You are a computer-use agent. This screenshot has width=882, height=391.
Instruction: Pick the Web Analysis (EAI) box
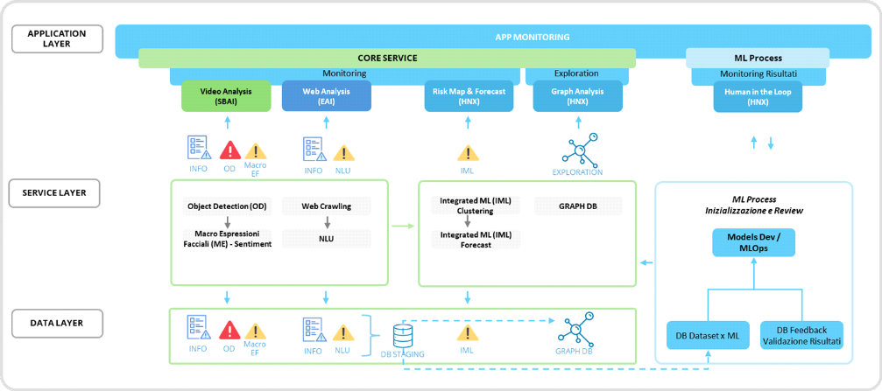[x=326, y=96]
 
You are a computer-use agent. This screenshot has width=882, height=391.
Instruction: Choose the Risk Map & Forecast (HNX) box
[x=469, y=96]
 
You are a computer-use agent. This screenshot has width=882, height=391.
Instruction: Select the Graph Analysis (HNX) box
[x=577, y=96]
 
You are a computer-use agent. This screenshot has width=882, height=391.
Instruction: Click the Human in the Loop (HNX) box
[x=758, y=96]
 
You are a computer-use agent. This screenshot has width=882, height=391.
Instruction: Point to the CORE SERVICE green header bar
[x=387, y=58]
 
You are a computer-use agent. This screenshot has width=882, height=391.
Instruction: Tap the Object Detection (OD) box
[x=226, y=206]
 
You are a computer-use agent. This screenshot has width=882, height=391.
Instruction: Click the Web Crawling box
[x=327, y=206]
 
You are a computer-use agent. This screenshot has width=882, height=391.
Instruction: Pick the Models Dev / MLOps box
[x=754, y=242]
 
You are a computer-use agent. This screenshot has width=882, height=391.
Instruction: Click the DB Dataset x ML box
[x=707, y=335]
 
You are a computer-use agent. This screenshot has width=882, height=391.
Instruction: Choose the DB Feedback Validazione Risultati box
[x=801, y=335]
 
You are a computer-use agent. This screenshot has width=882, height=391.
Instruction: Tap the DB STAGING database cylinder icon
[x=403, y=337]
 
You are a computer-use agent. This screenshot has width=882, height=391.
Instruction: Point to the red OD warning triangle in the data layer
[x=229, y=331]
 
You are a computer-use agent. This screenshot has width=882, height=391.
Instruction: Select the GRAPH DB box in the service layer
[x=578, y=206]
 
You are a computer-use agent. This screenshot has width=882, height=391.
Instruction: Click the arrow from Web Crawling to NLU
[x=327, y=222]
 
